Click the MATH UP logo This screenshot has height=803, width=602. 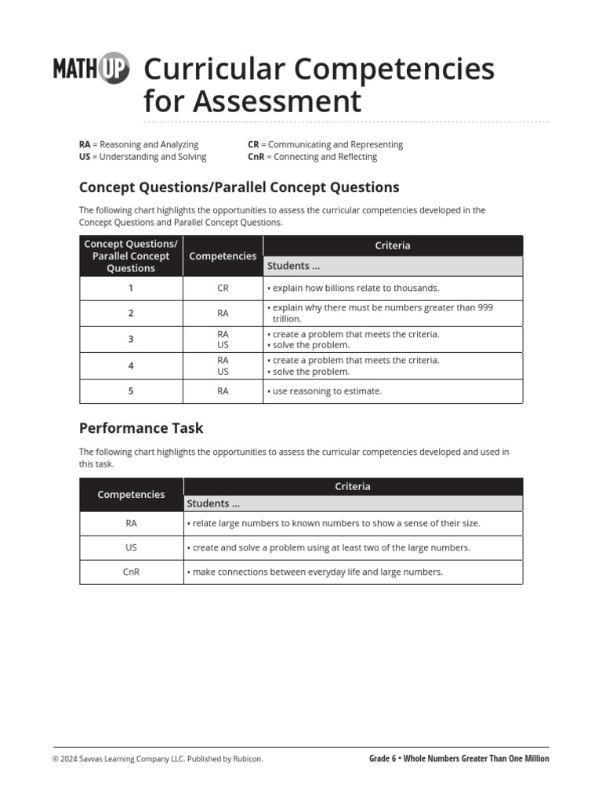(91, 69)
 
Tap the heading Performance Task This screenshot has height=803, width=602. (141, 428)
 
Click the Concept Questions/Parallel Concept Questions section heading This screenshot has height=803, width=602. (239, 187)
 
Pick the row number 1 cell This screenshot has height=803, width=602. (131, 288)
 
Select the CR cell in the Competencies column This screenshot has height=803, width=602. (223, 288)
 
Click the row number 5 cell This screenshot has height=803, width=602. (131, 391)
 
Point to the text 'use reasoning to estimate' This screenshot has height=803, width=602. (327, 391)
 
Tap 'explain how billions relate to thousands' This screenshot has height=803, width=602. (355, 288)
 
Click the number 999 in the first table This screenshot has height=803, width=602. (484, 307)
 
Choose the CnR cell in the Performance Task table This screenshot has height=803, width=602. (131, 572)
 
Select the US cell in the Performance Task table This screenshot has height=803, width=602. (131, 547)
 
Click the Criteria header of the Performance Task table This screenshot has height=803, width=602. (353, 486)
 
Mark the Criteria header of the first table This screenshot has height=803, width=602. (392, 245)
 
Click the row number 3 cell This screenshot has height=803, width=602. (131, 340)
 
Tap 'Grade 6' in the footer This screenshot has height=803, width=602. (383, 759)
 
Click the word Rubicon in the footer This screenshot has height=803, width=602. (248, 759)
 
